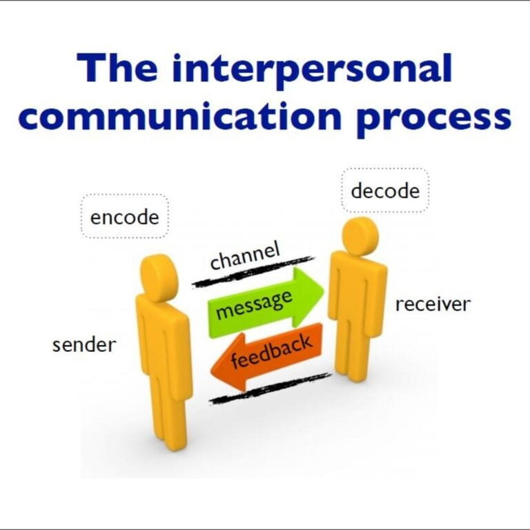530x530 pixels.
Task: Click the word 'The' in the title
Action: coord(117,67)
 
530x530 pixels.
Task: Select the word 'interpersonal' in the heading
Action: coord(312,71)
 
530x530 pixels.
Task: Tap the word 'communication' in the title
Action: coord(179,116)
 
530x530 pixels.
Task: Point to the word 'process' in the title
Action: coord(433,121)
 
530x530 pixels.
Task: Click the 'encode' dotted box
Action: coord(125,216)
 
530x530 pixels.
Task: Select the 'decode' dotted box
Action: coord(385,190)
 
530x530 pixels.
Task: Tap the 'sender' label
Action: coord(84,345)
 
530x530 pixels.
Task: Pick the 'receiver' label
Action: coord(433,304)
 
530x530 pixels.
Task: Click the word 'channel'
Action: coord(245,255)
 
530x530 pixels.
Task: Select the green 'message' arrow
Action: coord(266,303)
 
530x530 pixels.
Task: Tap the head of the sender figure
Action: coord(159,278)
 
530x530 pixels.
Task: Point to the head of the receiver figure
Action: coord(360,237)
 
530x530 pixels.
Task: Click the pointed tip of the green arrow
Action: coord(324,291)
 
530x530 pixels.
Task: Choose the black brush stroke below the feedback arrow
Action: coord(270,388)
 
